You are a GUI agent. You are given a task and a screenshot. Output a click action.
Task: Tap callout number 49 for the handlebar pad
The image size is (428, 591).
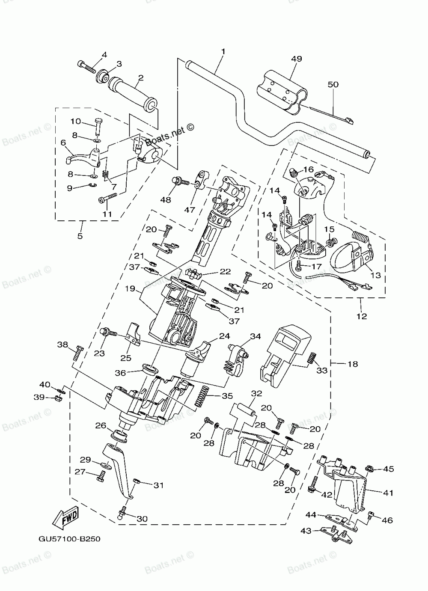[x=296, y=59]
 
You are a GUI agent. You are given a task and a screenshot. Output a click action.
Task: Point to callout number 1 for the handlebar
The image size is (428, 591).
[x=223, y=51]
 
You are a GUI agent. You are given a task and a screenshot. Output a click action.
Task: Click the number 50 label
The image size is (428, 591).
[x=333, y=84]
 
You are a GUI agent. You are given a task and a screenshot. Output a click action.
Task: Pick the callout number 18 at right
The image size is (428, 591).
[x=353, y=364]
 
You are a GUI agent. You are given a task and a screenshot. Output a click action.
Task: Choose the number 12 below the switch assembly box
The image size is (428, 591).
[x=362, y=316]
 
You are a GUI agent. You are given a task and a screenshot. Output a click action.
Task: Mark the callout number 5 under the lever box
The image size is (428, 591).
[x=80, y=236]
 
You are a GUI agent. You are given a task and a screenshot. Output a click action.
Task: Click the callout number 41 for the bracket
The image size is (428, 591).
[x=388, y=493]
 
